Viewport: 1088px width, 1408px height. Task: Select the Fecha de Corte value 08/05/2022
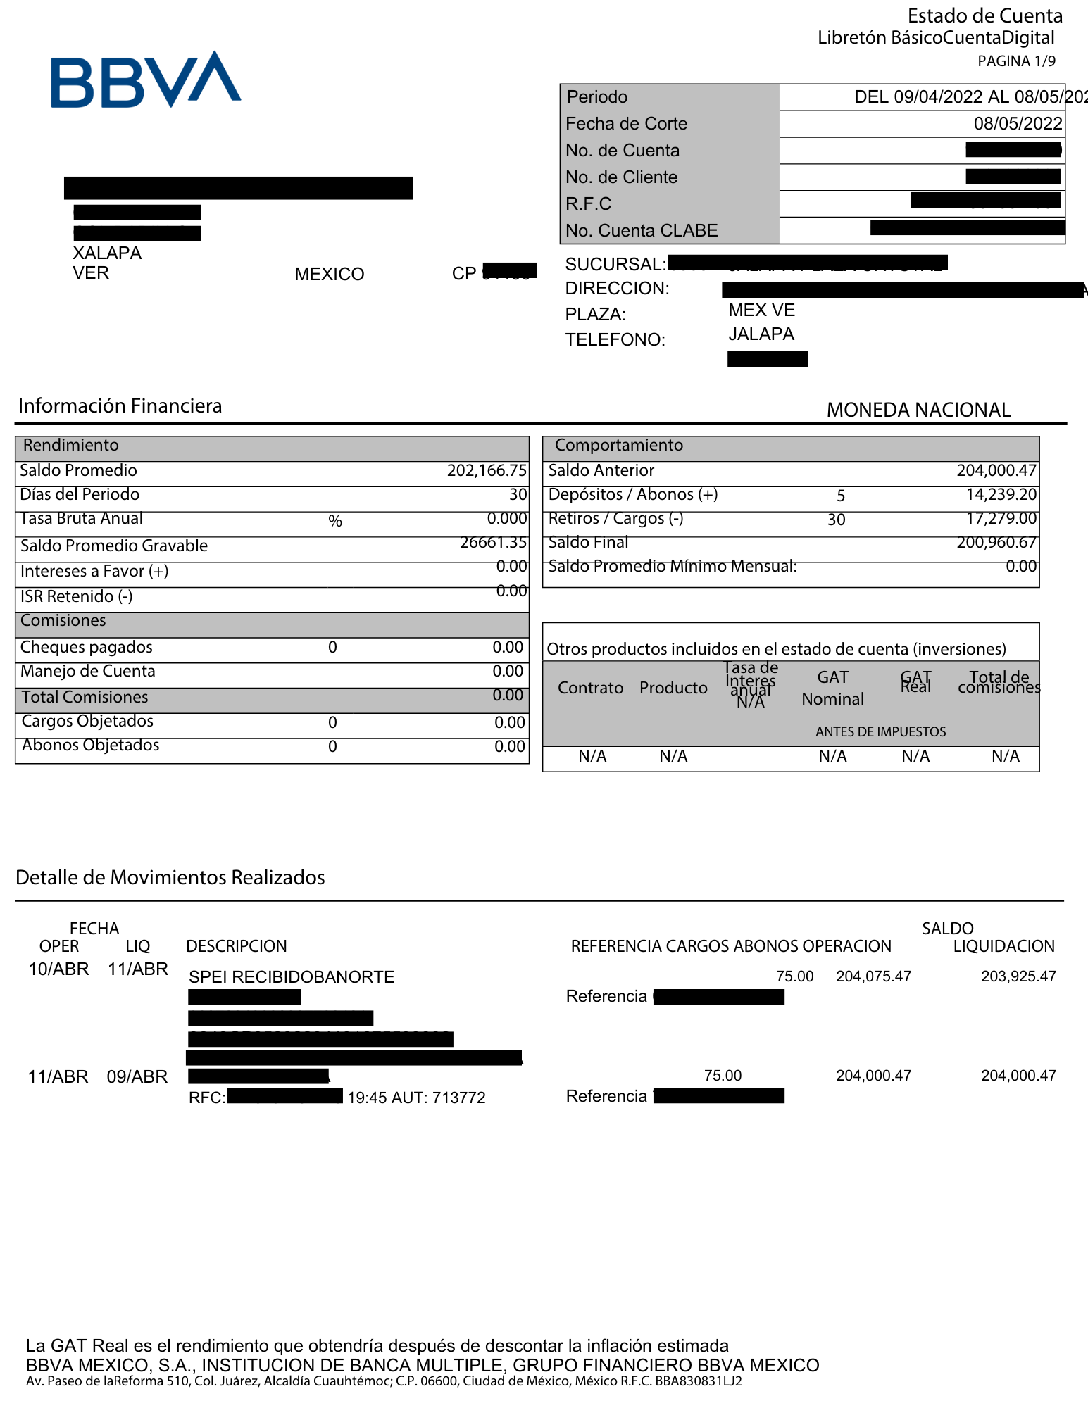click(x=1018, y=124)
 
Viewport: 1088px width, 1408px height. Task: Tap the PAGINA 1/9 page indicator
click(x=1016, y=61)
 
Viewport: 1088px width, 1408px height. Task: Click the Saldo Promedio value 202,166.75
click(x=487, y=470)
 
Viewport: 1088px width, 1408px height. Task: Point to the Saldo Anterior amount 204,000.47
click(x=996, y=470)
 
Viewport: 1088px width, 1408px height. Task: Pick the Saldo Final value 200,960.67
click(x=996, y=542)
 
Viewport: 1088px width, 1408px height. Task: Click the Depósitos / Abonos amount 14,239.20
click(x=1001, y=494)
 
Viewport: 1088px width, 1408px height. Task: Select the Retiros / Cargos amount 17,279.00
click(x=1001, y=518)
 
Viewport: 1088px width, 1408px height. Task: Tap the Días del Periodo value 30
click(x=518, y=494)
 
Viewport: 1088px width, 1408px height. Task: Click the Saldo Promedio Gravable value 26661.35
click(x=493, y=542)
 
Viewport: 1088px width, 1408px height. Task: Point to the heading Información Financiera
click(x=120, y=406)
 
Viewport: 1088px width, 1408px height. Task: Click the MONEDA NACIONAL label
click(x=918, y=410)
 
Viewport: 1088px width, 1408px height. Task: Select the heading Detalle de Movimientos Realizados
click(x=170, y=877)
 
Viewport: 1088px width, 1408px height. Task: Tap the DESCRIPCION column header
click(x=237, y=946)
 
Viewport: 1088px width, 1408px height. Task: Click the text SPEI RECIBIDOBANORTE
click(x=292, y=977)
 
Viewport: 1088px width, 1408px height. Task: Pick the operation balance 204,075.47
click(x=873, y=976)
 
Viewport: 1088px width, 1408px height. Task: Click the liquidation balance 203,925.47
click(x=1018, y=976)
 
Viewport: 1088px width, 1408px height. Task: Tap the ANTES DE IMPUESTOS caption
click(x=880, y=732)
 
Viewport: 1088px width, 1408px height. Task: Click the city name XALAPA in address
click(x=107, y=253)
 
